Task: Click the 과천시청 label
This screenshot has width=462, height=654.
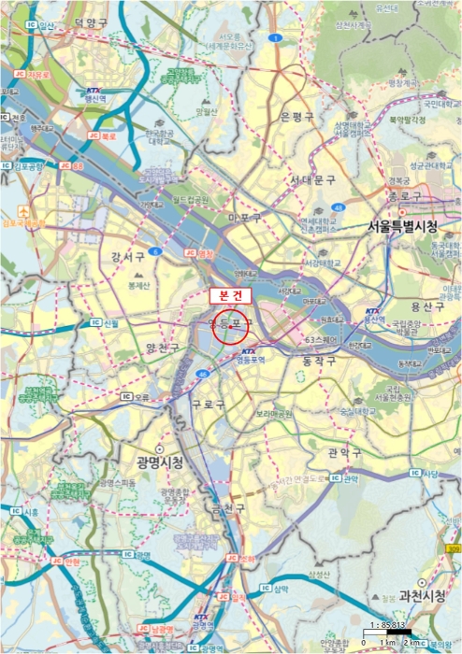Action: tap(421, 596)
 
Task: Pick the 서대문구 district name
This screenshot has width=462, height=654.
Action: tap(313, 179)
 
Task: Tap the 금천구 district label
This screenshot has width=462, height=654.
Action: tap(225, 510)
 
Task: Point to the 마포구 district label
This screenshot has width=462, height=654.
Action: tap(246, 219)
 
